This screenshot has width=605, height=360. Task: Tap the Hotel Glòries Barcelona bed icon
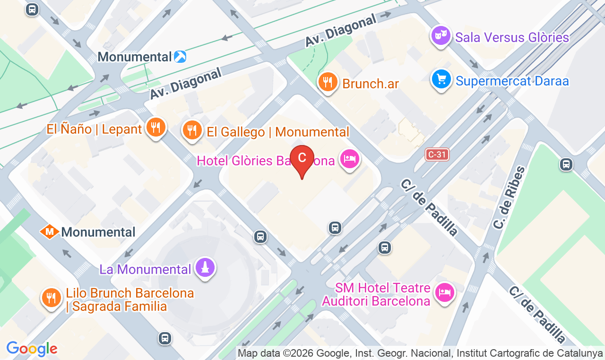350,159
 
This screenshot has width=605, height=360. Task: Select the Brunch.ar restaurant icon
327,82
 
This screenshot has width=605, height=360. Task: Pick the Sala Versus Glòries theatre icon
441,35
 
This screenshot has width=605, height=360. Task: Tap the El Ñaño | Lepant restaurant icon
155,127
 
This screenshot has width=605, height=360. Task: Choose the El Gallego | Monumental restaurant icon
191,129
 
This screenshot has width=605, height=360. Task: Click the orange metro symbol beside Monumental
49,231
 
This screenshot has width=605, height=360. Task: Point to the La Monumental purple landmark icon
205,267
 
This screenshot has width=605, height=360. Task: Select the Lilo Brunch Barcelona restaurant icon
52,298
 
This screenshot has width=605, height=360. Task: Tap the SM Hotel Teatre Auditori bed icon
444,291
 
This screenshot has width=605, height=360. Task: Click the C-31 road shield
436,154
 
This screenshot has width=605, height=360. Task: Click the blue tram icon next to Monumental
180,57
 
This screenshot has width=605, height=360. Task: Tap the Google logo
31,349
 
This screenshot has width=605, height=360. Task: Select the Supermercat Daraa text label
512,81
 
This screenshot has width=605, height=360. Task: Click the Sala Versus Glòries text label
512,37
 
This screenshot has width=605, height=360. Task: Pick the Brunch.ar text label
371,84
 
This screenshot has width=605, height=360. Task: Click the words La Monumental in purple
145,269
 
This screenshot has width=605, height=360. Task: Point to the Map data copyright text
420,353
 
